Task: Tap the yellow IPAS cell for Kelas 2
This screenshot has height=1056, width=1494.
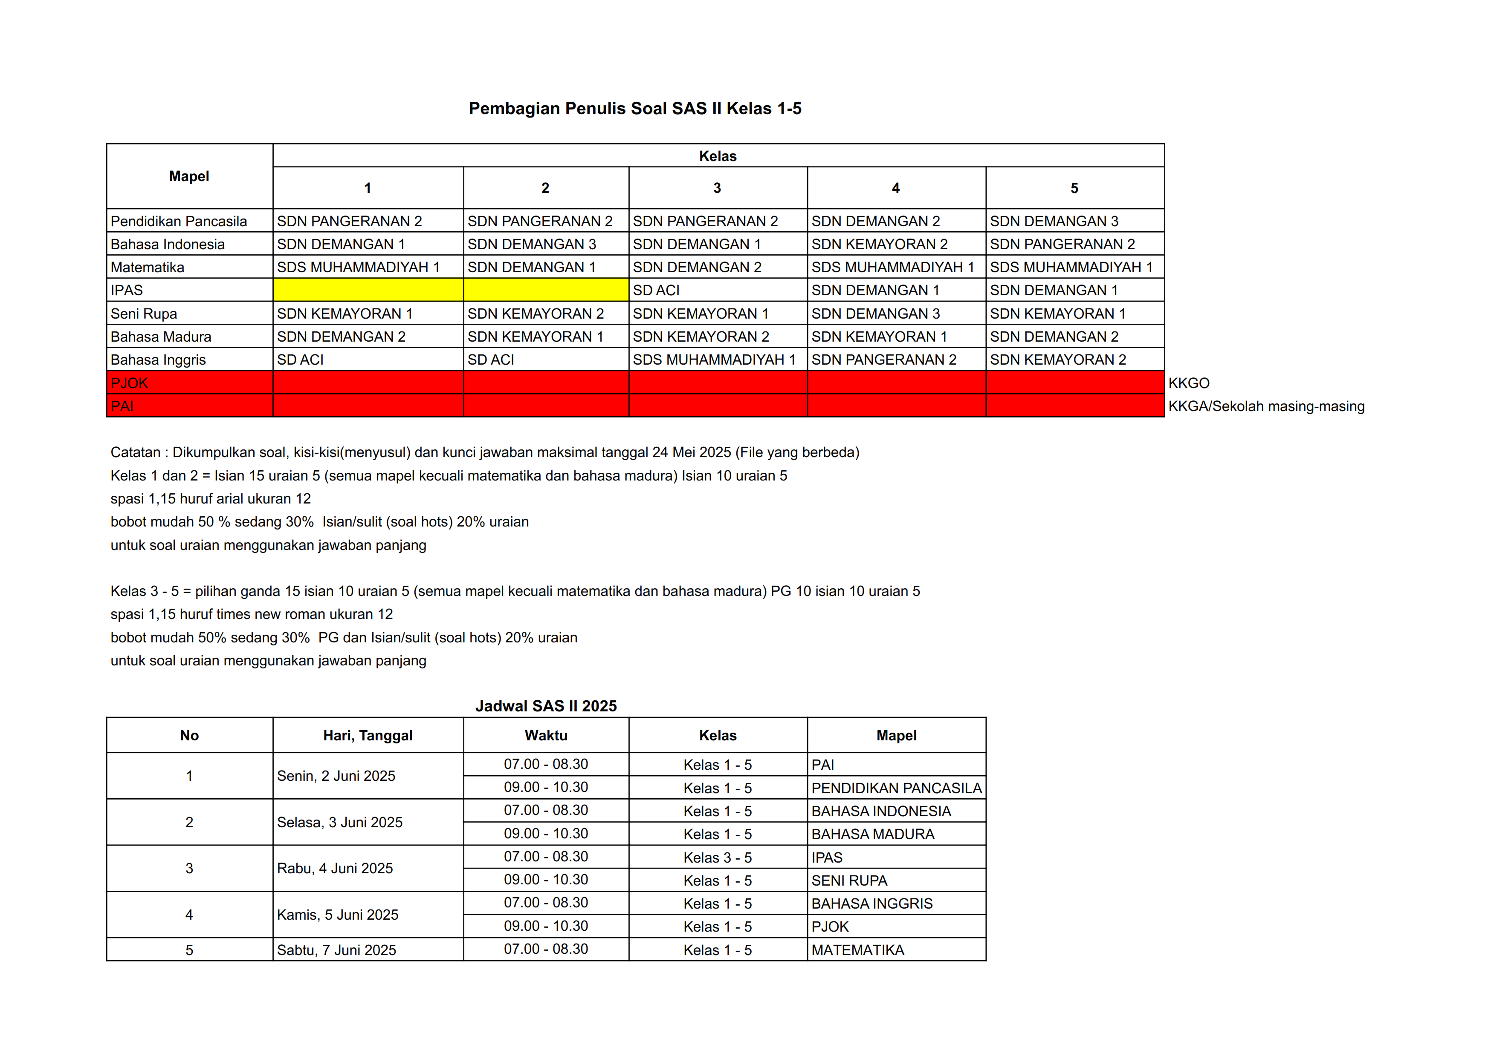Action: point(545,290)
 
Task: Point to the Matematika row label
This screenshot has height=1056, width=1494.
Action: point(147,267)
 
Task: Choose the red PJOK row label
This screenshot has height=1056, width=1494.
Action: point(130,383)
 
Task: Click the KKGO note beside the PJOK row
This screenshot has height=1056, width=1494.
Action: point(1188,383)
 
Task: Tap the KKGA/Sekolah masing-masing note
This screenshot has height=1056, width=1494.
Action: point(1265,406)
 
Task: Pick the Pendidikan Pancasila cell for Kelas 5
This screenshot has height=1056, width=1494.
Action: point(1054,221)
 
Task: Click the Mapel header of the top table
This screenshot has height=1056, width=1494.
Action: point(189,176)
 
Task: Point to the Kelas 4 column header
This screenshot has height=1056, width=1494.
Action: point(895,188)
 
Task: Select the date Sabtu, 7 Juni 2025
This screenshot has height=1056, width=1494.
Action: point(336,950)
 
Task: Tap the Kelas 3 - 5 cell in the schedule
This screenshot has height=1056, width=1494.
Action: point(717,857)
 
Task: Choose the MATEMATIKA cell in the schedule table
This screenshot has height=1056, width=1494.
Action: point(857,950)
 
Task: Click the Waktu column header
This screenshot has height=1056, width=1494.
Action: point(545,735)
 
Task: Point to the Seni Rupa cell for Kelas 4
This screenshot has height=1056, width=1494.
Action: point(875,314)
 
